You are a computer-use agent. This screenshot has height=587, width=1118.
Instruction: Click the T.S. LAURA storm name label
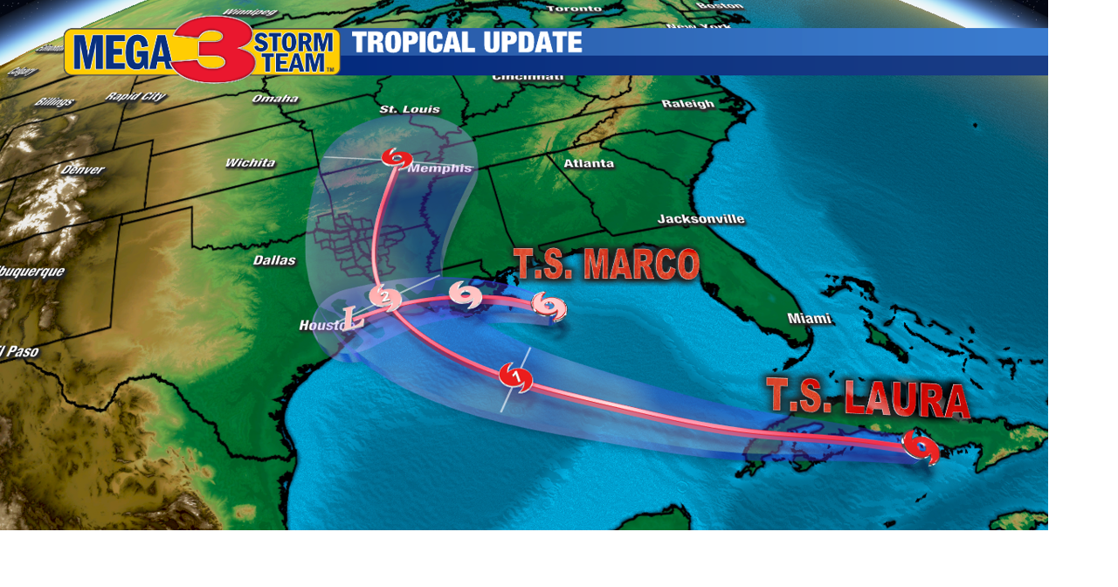867,397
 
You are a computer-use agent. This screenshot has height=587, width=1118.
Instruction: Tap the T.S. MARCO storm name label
606,265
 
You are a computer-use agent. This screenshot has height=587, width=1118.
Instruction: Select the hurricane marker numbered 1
515,377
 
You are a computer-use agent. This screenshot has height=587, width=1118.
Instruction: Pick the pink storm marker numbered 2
385,298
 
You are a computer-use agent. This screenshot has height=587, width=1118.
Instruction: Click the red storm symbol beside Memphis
397,158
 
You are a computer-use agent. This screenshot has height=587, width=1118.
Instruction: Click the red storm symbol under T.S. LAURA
921,446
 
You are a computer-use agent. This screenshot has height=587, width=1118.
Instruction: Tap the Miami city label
810,319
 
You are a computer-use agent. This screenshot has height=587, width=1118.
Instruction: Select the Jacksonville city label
700,218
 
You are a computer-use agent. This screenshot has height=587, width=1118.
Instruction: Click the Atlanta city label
589,163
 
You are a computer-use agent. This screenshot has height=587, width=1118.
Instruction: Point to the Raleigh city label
687,104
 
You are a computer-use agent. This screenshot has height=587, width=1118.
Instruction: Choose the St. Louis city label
410,109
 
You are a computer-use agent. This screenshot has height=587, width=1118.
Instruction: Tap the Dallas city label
274,259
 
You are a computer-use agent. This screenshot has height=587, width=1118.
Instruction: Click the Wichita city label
250,162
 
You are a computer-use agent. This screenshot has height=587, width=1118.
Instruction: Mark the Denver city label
82,169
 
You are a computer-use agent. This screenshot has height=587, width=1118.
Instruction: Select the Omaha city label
275,99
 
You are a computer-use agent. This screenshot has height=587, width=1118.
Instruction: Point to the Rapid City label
135,96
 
